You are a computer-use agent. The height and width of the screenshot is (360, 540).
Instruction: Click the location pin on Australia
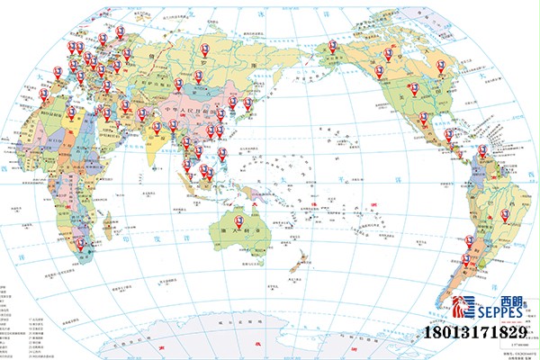point(238,220)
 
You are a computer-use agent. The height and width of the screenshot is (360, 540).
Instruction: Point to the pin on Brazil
point(505,215)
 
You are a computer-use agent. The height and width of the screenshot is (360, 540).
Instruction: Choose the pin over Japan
point(248,103)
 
